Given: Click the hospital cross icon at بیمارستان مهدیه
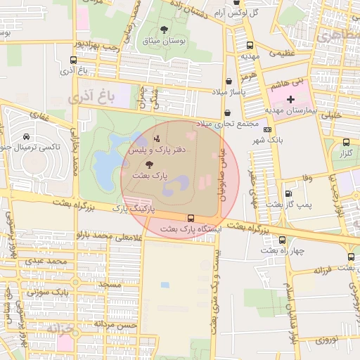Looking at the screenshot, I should coord(291,100).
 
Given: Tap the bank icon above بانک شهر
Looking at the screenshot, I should coord(267,129).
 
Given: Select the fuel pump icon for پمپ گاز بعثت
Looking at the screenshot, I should coord(289,193).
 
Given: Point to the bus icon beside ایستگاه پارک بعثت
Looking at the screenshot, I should coord(191,218).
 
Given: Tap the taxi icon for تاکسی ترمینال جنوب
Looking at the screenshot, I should coord(26,136).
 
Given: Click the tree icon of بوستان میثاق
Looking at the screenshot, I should coord(164,30).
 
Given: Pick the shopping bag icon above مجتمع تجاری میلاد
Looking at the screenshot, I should coord(226,113).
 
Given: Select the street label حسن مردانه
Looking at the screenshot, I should coord(117,326).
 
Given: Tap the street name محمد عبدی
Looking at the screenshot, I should coord(48,262).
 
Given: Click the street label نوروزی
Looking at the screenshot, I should coord(326,340).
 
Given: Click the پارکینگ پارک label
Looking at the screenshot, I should coord(133,209).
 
